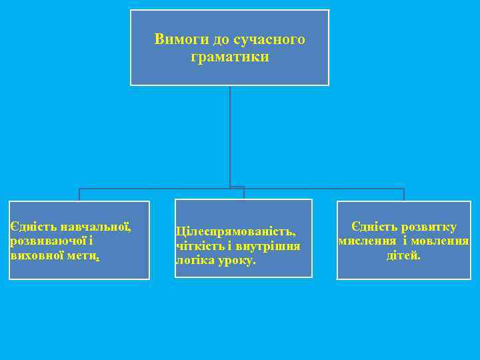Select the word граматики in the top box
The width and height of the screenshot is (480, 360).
[230, 57]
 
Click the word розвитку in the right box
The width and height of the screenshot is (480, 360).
[426, 227]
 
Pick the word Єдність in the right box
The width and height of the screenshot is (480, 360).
[373, 227]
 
